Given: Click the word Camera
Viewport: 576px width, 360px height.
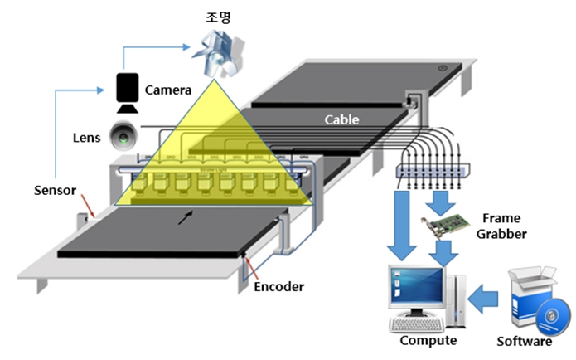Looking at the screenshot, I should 168,89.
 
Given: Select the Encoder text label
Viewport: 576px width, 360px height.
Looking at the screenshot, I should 279,287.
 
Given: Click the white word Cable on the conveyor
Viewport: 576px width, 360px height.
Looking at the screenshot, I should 341,119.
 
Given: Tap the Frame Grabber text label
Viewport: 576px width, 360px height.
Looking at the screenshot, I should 501,226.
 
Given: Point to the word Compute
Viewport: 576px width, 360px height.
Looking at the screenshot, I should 428,341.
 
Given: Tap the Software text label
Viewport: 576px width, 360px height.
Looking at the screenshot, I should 524,341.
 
